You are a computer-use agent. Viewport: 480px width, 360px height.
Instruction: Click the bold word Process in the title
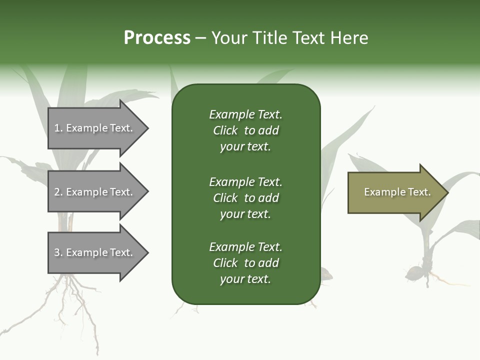tap(157, 37)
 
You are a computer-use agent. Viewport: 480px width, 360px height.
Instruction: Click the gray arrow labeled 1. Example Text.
tap(95, 128)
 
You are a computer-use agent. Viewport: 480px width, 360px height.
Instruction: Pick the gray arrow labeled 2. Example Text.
tap(95, 192)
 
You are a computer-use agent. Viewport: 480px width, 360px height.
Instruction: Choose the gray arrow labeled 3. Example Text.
tap(95, 252)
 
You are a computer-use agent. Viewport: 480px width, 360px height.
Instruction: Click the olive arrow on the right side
tap(395, 192)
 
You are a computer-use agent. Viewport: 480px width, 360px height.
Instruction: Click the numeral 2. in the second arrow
tap(58, 192)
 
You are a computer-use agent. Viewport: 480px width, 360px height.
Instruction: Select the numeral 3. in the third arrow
tap(58, 252)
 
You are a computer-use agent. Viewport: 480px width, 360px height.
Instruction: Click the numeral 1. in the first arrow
tap(58, 128)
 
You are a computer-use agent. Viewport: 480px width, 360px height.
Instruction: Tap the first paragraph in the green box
tap(245, 130)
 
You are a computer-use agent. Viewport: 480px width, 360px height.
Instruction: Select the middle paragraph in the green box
tap(245, 198)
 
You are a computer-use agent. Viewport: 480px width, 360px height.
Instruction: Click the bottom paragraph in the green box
tap(245, 263)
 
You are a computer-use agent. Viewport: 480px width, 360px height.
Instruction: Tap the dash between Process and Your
tap(201, 38)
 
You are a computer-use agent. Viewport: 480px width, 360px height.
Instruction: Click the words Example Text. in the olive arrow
tap(397, 192)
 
